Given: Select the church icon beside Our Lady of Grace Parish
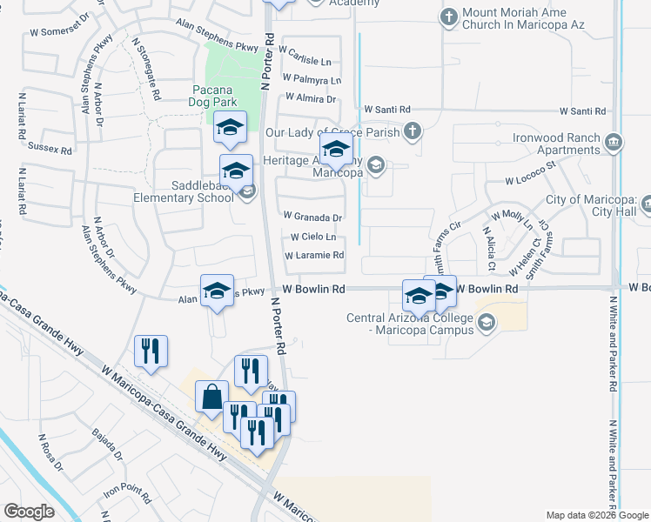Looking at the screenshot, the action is click(413, 132).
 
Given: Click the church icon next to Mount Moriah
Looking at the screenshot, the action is click(449, 17).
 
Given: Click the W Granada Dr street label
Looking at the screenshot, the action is click(313, 217).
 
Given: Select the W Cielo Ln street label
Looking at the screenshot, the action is click(313, 237).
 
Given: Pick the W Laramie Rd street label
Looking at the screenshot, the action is click(315, 256).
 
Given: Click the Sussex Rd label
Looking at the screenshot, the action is click(50, 149).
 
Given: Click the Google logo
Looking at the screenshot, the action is click(30, 512).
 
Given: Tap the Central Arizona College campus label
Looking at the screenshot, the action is click(410, 324).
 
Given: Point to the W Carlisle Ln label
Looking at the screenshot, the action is click(305, 61).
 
